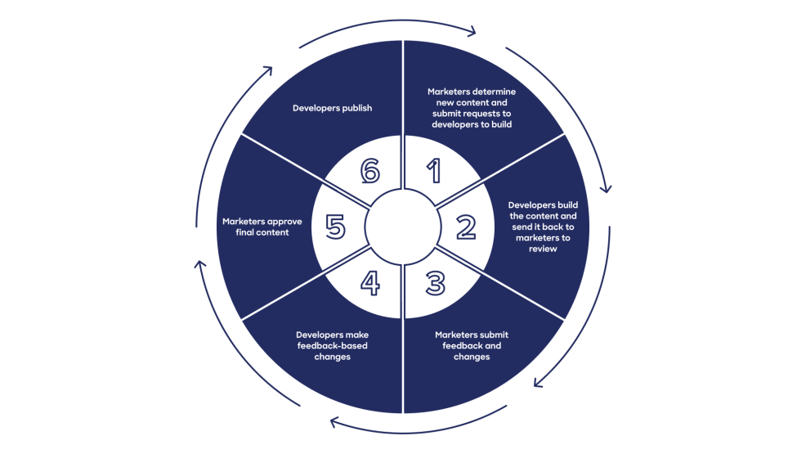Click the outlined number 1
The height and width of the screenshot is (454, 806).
(x=434, y=171)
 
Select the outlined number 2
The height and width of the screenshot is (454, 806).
(x=465, y=227)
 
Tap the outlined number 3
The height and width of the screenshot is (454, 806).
(x=435, y=283)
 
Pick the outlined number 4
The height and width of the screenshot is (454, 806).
(x=369, y=283)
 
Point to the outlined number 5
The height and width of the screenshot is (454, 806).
(x=335, y=227)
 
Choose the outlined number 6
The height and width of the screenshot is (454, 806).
(x=370, y=171)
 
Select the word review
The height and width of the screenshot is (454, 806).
(x=542, y=249)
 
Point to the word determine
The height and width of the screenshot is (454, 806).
(x=491, y=92)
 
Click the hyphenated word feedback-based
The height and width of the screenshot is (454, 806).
(x=333, y=346)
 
